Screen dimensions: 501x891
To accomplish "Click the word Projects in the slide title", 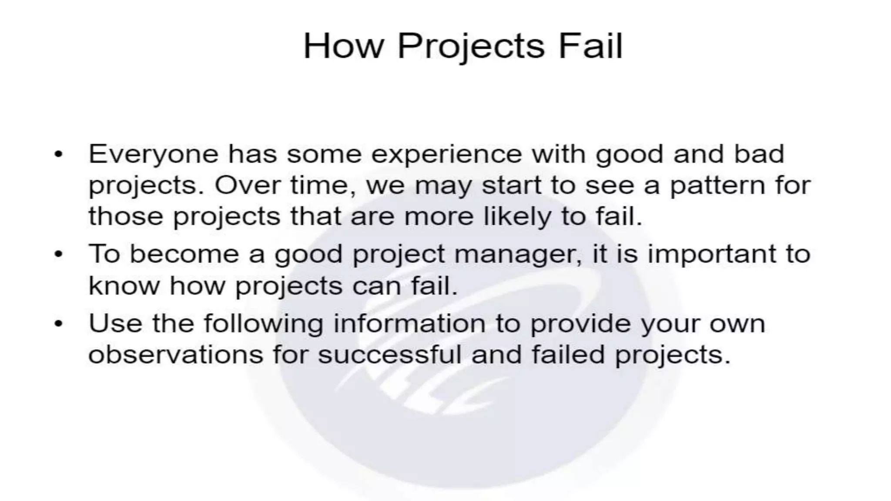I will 471,46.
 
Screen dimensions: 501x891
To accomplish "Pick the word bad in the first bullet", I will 759,154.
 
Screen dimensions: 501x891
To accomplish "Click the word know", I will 124,286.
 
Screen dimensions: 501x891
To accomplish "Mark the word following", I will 264,324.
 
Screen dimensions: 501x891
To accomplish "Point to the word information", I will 409,324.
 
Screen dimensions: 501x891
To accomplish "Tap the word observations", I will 176,354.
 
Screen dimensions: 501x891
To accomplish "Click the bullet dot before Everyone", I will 59,154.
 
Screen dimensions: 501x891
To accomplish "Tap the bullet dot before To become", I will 59,254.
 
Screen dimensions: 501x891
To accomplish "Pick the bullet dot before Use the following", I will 59,324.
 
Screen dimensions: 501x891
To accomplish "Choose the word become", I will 184,254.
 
